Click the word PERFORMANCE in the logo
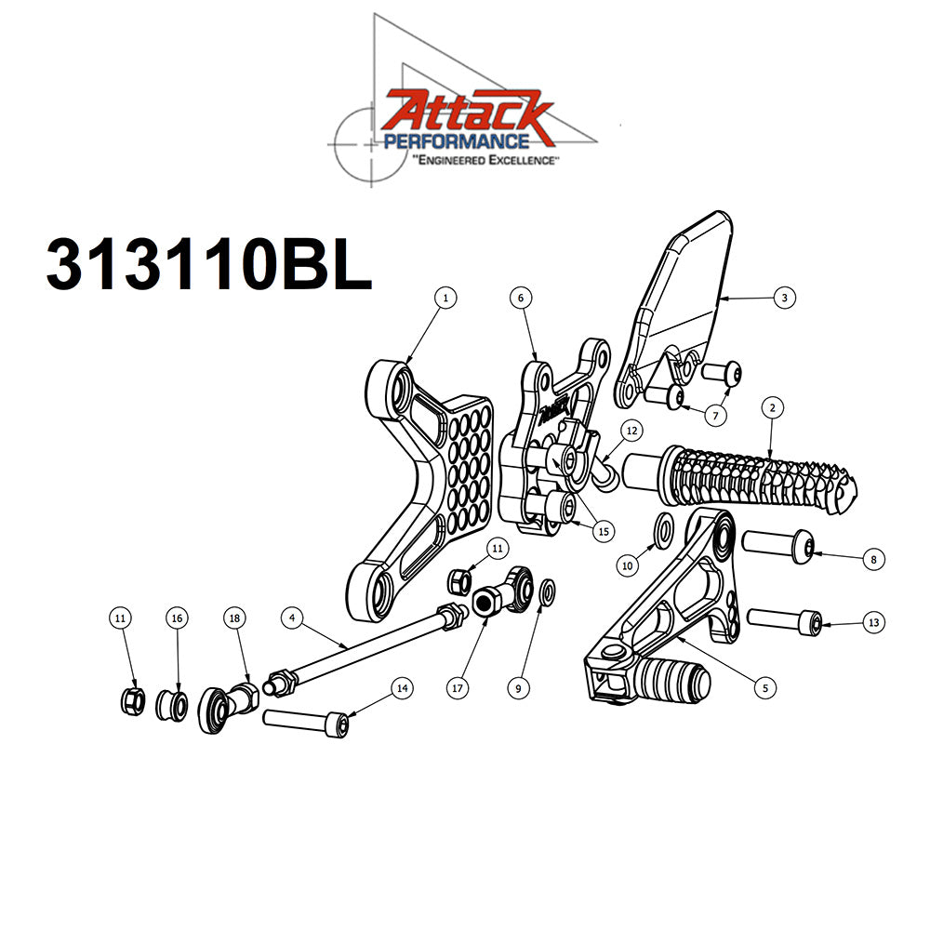pos(458,142)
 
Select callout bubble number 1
pos(446,298)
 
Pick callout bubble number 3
pos(785,298)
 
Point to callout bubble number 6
pos(521,298)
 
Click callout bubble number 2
pos(771,406)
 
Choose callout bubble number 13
pos(871,622)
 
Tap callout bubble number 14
pos(402,688)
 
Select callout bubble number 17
pos(457,689)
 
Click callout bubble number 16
pos(178,618)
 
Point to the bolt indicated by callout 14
pos(307,721)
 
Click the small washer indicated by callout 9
pos(548,591)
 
